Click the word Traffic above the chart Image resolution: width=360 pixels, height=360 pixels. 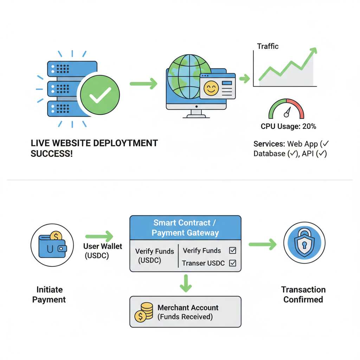(x=268, y=46)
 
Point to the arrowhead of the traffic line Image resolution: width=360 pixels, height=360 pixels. (x=313, y=51)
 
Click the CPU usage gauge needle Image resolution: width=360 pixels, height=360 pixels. (x=288, y=112)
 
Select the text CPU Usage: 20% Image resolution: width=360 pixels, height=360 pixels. (x=288, y=126)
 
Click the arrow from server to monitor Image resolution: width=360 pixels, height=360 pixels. (x=143, y=84)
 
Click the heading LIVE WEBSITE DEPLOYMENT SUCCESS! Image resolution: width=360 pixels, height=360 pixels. (x=94, y=148)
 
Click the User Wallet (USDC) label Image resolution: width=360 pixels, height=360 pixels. (x=103, y=251)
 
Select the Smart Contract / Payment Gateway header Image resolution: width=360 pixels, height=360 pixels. (x=185, y=228)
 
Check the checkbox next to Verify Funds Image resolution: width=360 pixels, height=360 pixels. (x=232, y=251)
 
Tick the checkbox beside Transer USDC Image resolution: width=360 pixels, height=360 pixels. (x=232, y=263)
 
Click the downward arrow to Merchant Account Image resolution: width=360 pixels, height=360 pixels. (x=186, y=283)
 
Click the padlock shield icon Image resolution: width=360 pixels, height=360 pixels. (x=304, y=243)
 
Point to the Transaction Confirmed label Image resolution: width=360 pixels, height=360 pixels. (x=303, y=295)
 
